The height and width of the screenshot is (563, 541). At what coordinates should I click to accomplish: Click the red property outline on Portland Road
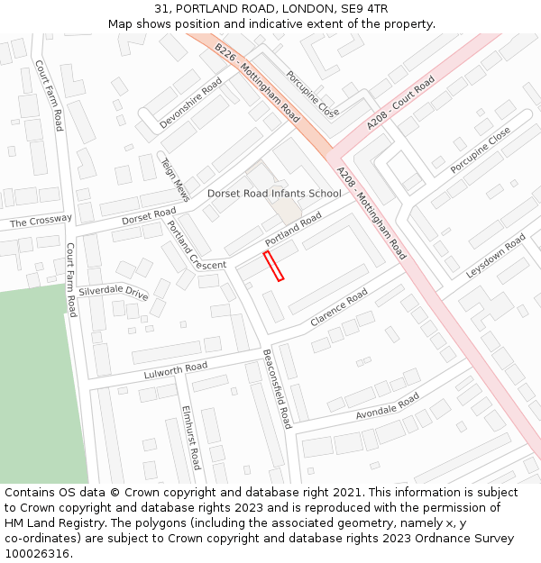point(273,267)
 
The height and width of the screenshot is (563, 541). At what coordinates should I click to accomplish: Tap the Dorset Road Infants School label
point(274,194)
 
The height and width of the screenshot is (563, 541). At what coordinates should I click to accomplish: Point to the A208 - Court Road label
point(400,103)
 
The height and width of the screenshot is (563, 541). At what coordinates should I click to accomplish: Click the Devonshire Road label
point(190,102)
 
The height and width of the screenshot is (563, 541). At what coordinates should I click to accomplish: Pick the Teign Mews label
point(175,178)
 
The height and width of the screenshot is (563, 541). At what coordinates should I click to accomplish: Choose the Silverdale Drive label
point(113,293)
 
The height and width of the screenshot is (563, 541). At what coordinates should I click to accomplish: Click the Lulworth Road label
point(175,370)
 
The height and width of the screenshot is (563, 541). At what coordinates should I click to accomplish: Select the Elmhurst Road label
point(190,438)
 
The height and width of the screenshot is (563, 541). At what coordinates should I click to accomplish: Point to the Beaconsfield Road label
point(277,388)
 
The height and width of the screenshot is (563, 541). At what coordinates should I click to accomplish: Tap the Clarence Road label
point(339,308)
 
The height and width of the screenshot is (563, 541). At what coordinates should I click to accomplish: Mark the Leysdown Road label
point(496,256)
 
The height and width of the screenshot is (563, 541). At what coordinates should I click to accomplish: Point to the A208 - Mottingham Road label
point(371,213)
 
